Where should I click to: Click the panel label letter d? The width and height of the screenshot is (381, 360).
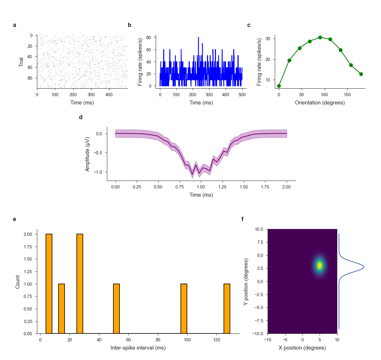click(x=81, y=117)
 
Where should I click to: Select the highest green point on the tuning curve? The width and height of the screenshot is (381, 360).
click(x=320, y=37)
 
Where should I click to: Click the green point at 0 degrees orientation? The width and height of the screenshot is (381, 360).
click(x=279, y=86)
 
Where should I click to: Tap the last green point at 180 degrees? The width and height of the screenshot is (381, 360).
click(x=361, y=74)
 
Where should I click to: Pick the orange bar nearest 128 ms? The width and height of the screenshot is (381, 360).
click(x=227, y=309)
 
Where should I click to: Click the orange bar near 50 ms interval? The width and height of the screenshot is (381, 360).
click(x=116, y=309)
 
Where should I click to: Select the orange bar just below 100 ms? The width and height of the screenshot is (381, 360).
click(x=184, y=309)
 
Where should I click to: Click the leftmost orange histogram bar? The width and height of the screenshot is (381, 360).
click(x=49, y=284)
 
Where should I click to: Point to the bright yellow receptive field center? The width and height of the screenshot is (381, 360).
click(x=319, y=266)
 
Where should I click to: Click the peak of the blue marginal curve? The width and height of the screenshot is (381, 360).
click(x=364, y=267)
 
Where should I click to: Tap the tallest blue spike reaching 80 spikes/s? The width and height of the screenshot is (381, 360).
click(x=198, y=38)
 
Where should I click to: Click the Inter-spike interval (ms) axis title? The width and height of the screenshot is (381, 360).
click(x=138, y=348)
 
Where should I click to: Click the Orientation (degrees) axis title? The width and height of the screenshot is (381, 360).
click(x=320, y=103)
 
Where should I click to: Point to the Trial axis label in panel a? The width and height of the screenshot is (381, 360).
click(x=21, y=62)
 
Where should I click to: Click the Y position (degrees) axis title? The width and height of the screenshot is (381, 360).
click(x=246, y=281)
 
